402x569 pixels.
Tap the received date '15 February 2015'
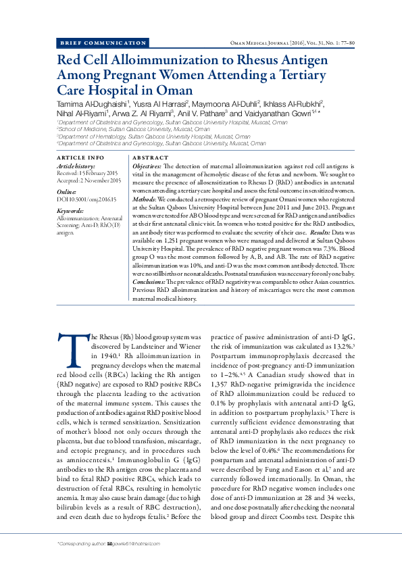(99, 173)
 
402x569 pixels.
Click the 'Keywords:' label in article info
(70, 212)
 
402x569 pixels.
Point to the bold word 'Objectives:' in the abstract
(147, 166)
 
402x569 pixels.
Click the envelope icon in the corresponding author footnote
(110, 543)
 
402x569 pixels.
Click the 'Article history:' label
(76, 166)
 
